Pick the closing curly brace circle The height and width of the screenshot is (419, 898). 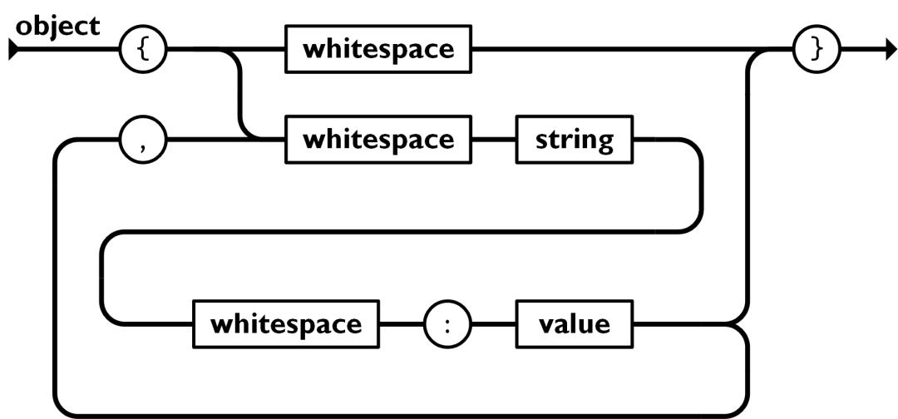click(817, 51)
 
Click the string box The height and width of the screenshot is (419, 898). click(575, 139)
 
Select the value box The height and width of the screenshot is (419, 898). click(575, 323)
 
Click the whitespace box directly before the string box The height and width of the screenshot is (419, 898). click(378, 139)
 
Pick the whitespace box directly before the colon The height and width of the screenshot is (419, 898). click(286, 323)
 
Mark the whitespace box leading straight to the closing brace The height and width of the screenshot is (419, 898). click(378, 49)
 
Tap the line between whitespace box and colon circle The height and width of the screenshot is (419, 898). click(402, 323)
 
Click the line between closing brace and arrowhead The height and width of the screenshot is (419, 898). click(856, 51)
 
